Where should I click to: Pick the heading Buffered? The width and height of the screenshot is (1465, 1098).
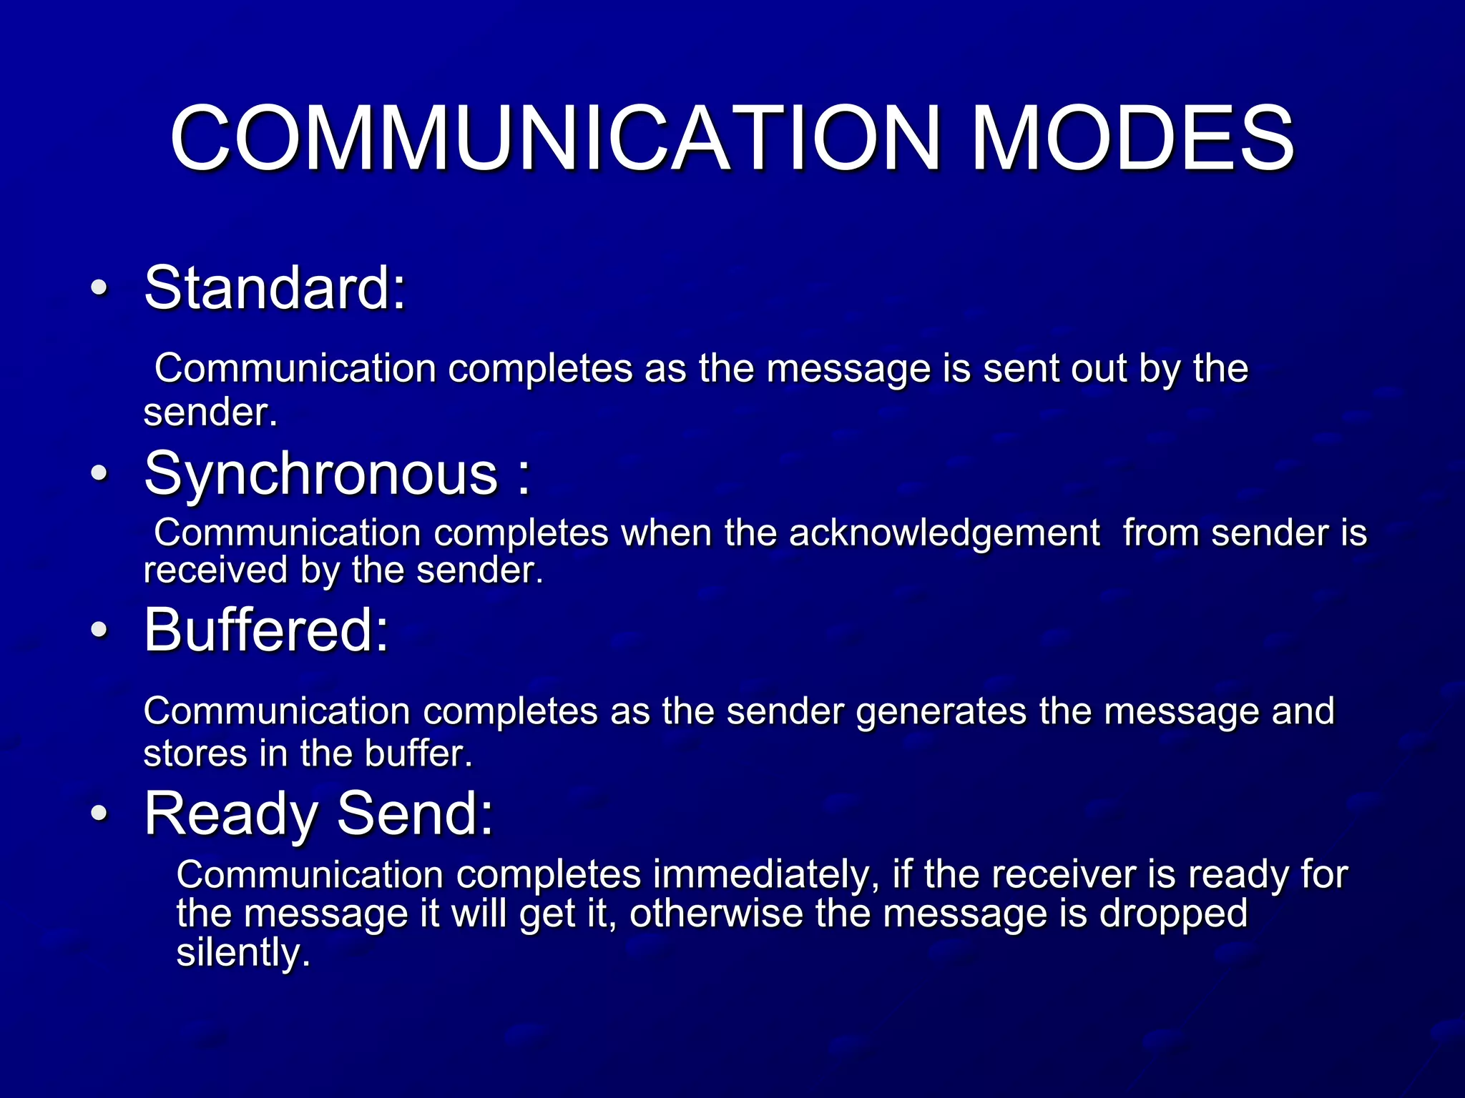(267, 630)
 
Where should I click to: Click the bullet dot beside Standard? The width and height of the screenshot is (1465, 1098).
(100, 289)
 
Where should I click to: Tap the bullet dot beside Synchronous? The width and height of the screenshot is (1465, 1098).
(100, 474)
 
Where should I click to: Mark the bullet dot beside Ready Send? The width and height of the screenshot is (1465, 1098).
(100, 813)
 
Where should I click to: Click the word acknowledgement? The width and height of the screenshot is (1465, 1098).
(944, 533)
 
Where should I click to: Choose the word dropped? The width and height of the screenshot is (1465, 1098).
(1173, 915)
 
